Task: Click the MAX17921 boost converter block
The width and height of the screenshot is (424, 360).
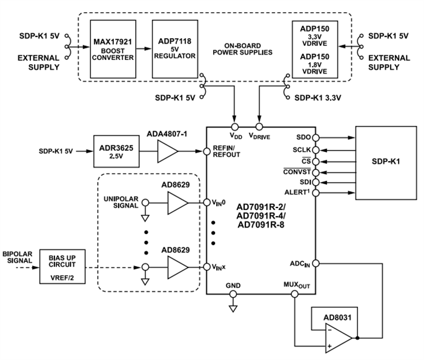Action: tap(113, 48)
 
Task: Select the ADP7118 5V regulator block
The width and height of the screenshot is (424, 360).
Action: tap(176, 48)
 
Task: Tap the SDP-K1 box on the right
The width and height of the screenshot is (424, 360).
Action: tap(386, 163)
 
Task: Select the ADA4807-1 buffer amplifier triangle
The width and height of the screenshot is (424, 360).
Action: tap(169, 152)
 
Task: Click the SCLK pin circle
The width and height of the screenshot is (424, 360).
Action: tap(316, 149)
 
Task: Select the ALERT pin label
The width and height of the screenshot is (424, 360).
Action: tap(297, 192)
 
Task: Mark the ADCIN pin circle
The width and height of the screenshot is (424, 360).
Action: tap(316, 263)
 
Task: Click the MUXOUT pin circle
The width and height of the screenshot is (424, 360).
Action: tap(294, 294)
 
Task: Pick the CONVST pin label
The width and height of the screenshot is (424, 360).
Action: tap(296, 171)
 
